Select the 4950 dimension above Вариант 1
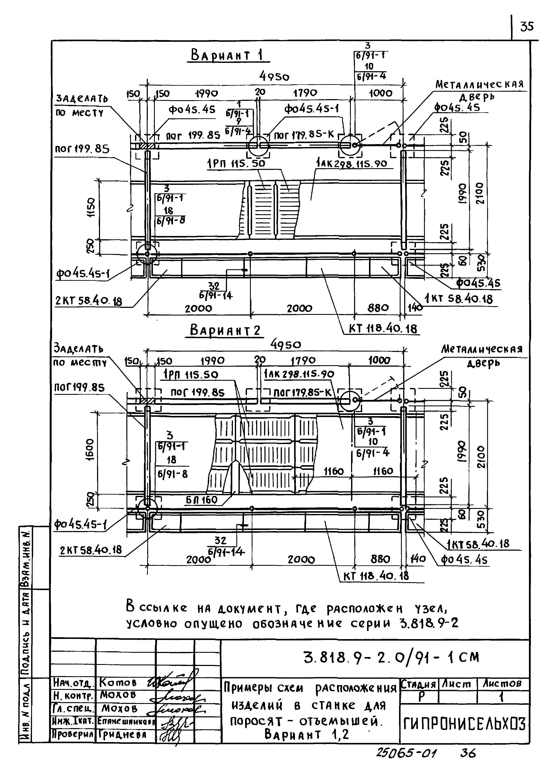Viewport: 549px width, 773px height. [x=274, y=77]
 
